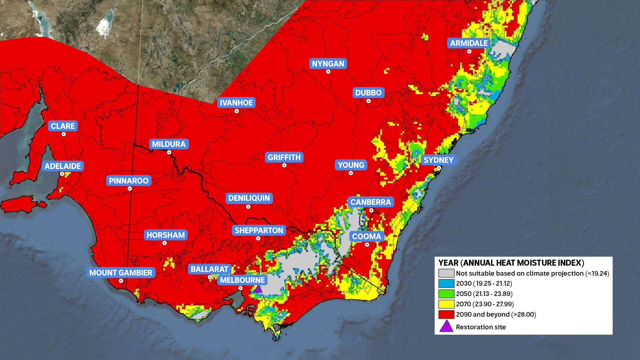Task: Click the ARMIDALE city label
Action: (469, 43)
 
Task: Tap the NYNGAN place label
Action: (328, 64)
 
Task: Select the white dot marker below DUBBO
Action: (368, 101)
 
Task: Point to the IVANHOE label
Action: (236, 103)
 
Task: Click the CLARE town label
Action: (63, 126)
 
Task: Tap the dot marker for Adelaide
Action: (62, 174)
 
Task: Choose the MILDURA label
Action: (169, 144)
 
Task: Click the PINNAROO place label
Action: (129, 181)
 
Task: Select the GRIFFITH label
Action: (284, 157)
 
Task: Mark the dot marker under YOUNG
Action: (351, 173)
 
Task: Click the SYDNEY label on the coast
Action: (438, 160)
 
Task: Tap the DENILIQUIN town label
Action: (249, 198)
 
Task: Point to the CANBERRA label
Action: (370, 202)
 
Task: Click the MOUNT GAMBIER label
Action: (121, 273)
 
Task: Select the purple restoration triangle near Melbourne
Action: (258, 289)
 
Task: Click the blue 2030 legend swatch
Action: (446, 283)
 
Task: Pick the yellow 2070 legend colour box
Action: (446, 304)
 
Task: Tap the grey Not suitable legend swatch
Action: (446, 273)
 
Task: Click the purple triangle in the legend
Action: (446, 327)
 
